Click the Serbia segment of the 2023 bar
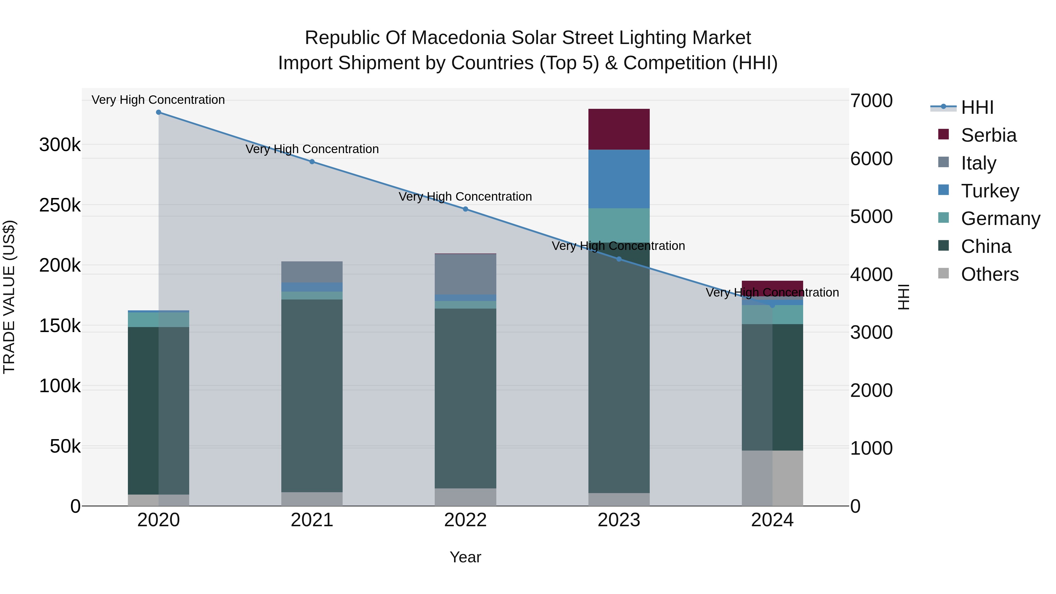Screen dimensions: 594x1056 pyautogui.click(x=619, y=129)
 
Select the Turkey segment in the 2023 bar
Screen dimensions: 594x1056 pyautogui.click(x=619, y=179)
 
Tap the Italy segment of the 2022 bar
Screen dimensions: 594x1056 pyautogui.click(x=465, y=274)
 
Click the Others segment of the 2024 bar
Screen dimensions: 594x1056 pyautogui.click(x=772, y=478)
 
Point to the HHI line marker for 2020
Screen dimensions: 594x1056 pyautogui.click(x=159, y=112)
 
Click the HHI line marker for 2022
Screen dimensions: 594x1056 pyautogui.click(x=465, y=209)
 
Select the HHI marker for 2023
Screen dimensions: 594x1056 pyautogui.click(x=619, y=259)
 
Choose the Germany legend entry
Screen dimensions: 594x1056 pyautogui.click(x=1000, y=219)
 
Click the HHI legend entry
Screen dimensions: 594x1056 pyautogui.click(x=977, y=107)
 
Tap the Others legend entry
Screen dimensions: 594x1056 pyautogui.click(x=989, y=274)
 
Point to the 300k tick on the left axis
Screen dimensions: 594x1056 pyautogui.click(x=60, y=145)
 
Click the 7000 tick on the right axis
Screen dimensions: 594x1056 pyautogui.click(x=871, y=101)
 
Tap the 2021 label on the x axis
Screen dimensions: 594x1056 pyautogui.click(x=312, y=520)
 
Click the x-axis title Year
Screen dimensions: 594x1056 pyautogui.click(x=465, y=557)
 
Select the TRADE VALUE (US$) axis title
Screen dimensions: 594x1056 pyautogui.click(x=9, y=297)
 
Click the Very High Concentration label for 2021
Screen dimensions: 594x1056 pyautogui.click(x=312, y=149)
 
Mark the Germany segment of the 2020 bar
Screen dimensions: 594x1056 pyautogui.click(x=159, y=320)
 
